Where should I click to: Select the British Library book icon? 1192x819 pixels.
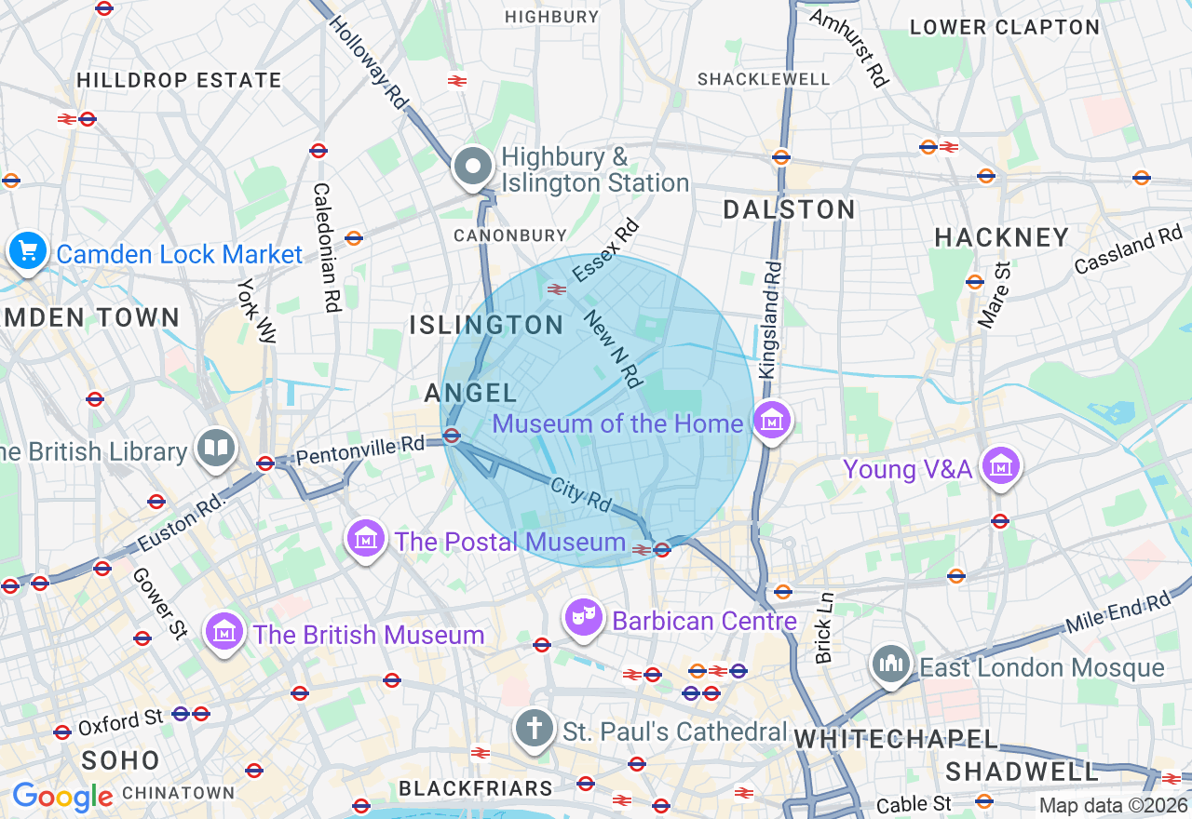[x=216, y=449]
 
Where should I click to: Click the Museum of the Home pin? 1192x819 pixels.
[x=772, y=421]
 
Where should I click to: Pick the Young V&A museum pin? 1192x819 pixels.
[x=1001, y=465]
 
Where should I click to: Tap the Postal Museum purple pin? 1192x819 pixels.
[x=366, y=539]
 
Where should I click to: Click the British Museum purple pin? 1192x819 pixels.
[x=224, y=633]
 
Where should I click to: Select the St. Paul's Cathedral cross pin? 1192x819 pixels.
[x=534, y=729]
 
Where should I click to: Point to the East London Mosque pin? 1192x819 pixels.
[x=892, y=665]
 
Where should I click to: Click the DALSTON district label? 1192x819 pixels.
[x=790, y=209]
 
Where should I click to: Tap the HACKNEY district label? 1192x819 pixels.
[x=1002, y=238]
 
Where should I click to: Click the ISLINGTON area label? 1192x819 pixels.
[x=487, y=325]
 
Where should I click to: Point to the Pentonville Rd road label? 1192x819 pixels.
[x=360, y=450]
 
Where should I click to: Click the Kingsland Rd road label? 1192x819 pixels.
[x=771, y=319]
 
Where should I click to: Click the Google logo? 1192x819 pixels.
[x=62, y=797]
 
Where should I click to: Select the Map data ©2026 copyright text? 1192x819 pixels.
[x=1113, y=805]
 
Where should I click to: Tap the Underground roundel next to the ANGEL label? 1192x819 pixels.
[x=452, y=436]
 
